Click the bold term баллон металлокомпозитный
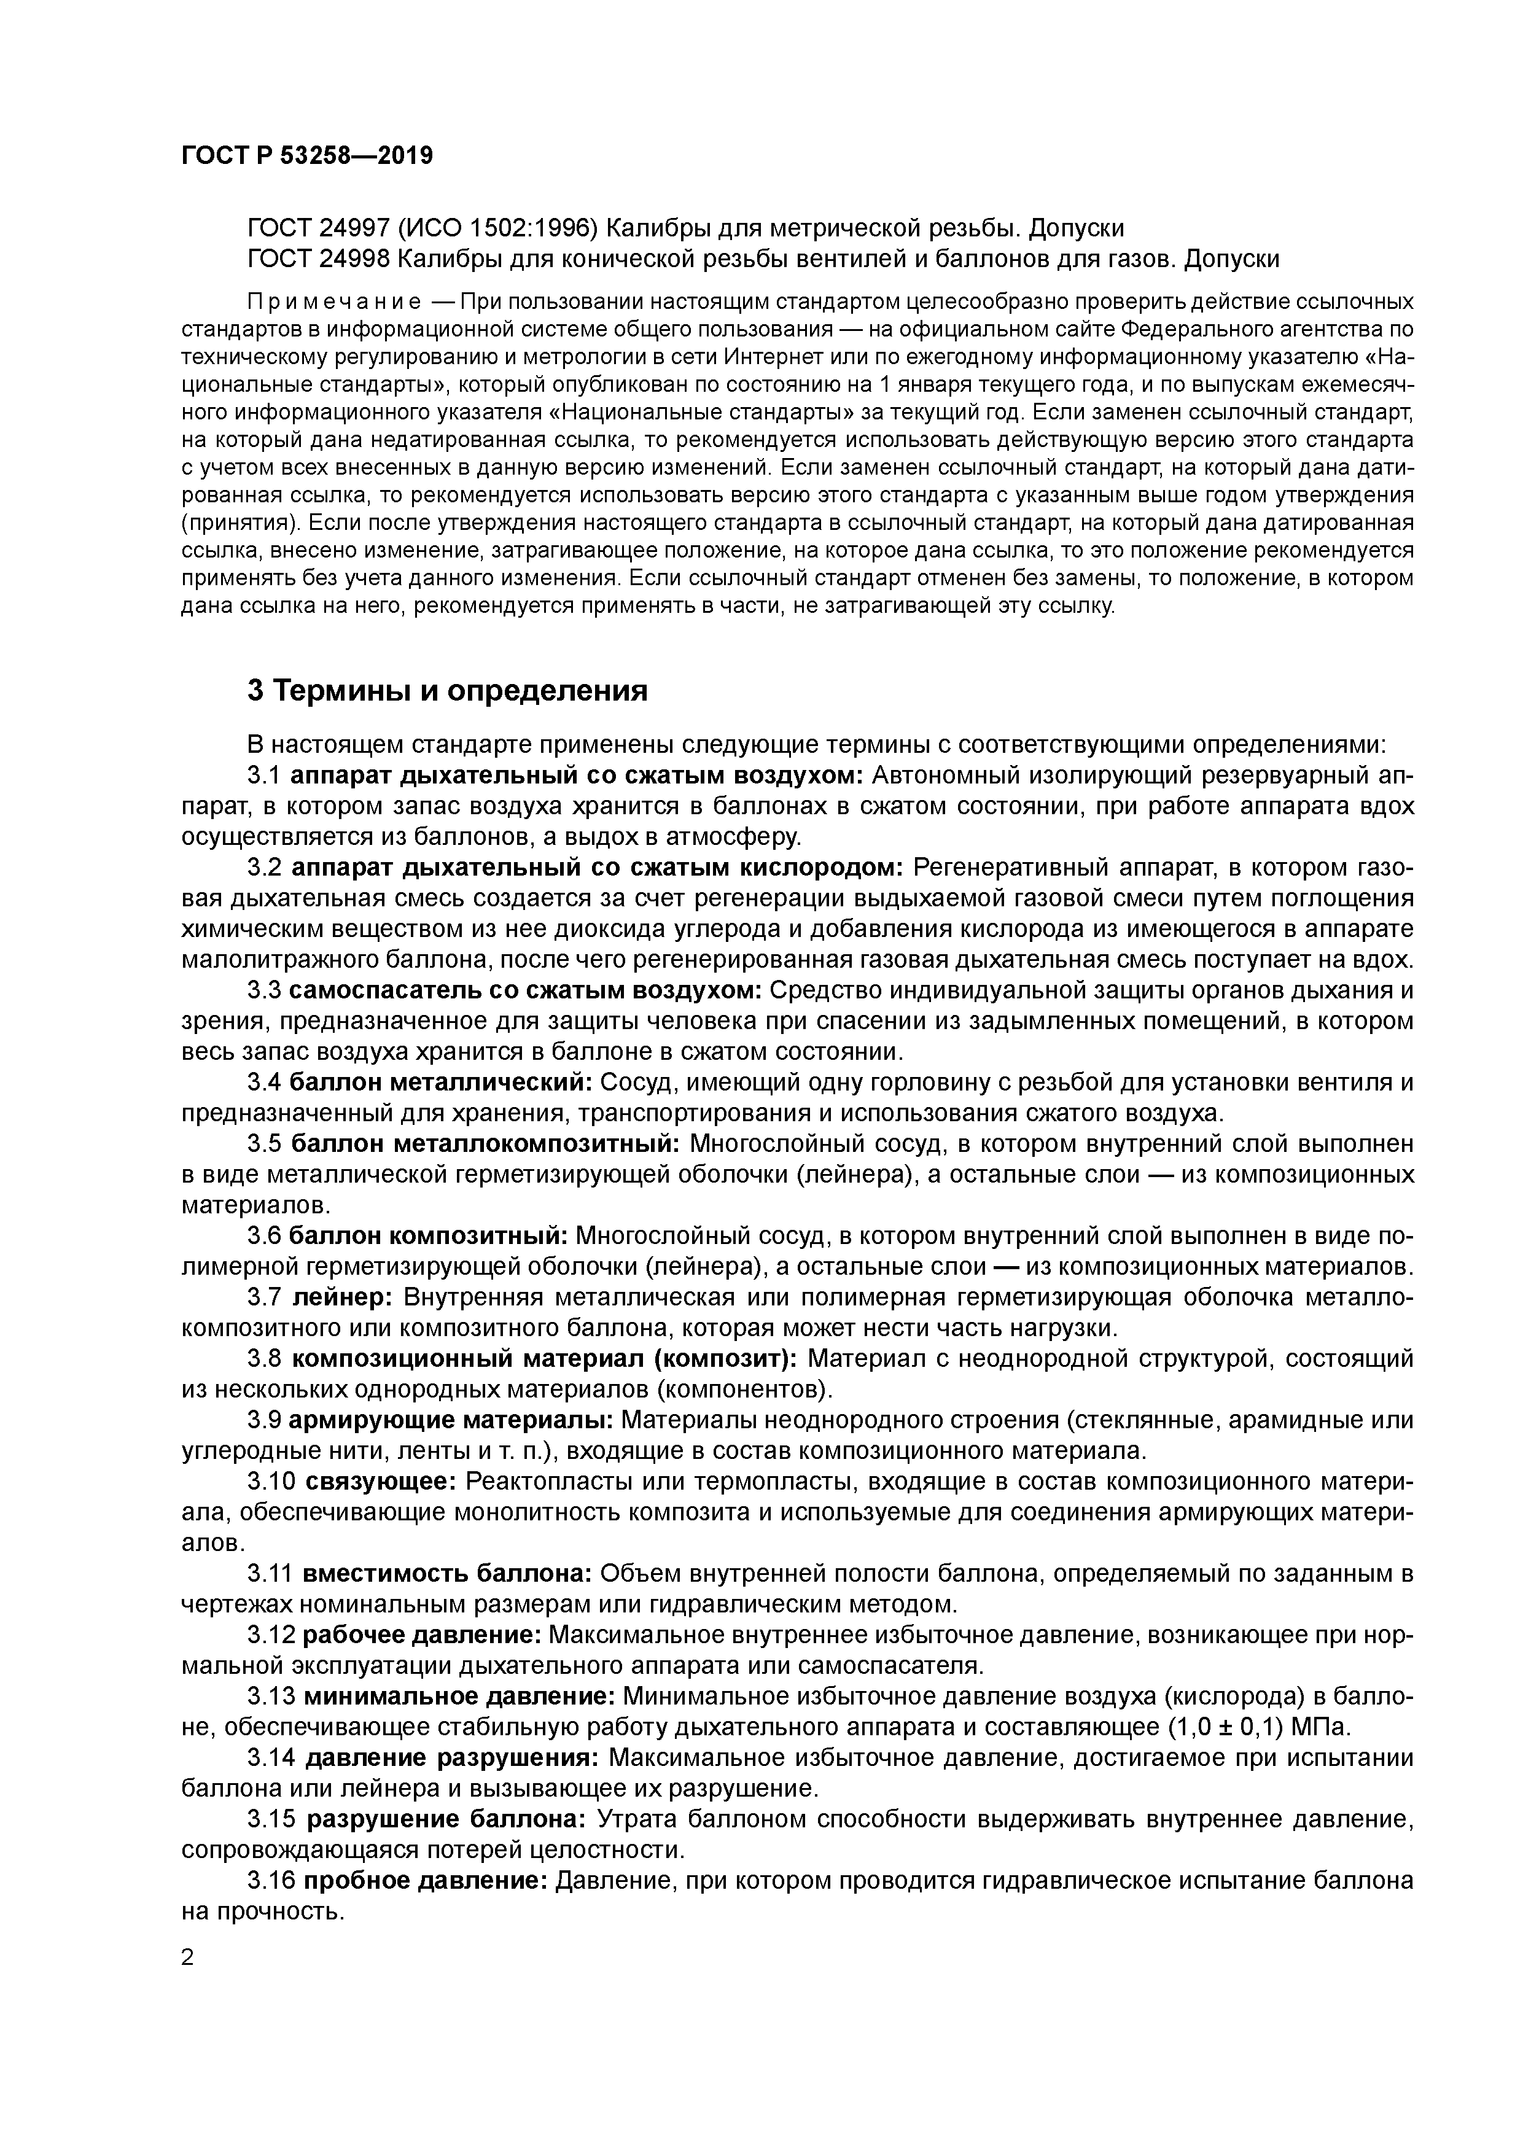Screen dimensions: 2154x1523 coord(486,1145)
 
